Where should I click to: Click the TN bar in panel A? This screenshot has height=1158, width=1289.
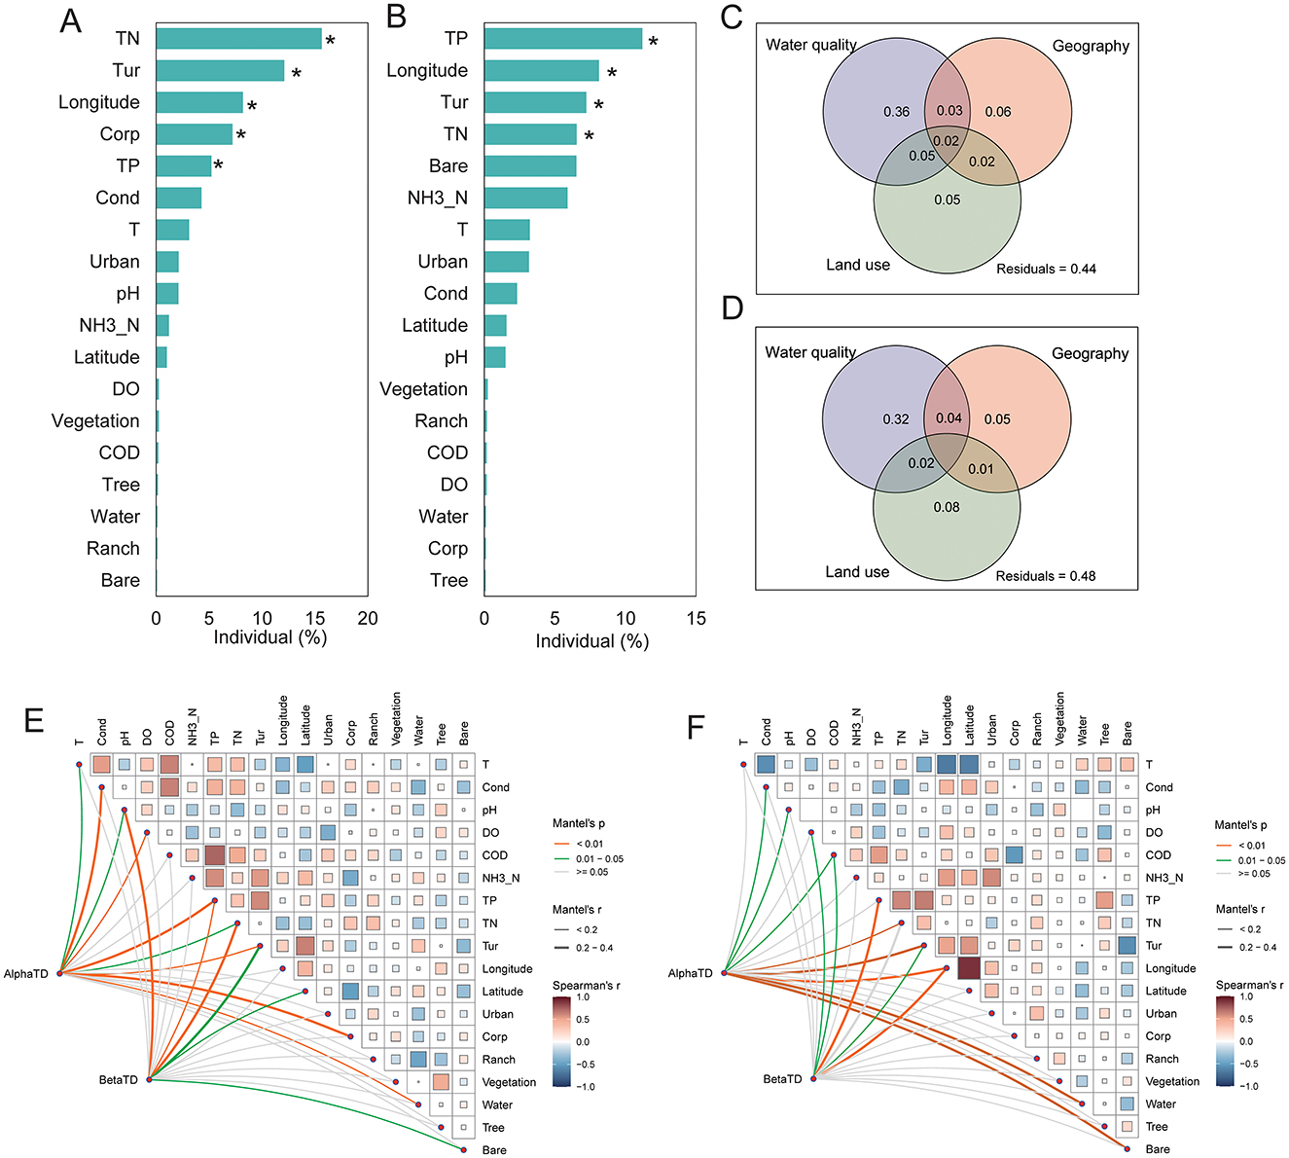point(238,39)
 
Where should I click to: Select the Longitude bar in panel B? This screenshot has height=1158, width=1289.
point(541,71)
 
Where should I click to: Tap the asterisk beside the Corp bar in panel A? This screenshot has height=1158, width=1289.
point(240,134)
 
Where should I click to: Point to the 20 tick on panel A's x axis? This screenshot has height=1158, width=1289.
point(367,618)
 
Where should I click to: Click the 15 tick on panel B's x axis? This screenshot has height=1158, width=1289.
point(696,618)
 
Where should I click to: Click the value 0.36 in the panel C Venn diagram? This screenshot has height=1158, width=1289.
point(896,112)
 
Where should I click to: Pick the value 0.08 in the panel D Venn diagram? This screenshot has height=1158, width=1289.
point(947,507)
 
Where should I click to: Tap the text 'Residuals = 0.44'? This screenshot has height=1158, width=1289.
point(1046,269)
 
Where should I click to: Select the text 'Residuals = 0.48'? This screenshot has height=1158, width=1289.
point(1045,576)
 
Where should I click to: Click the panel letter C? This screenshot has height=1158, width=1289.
point(732,17)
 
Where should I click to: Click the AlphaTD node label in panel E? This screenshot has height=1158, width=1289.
point(26,973)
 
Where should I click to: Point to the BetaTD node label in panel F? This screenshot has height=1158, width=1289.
point(783,1079)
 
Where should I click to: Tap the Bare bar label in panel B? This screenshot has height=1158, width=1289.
point(448,166)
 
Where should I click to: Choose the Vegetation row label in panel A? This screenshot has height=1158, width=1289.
point(95,421)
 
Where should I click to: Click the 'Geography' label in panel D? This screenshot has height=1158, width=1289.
point(1090,354)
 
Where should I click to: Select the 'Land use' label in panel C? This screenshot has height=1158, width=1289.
point(858,265)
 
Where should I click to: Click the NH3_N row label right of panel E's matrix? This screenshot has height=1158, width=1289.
point(501,878)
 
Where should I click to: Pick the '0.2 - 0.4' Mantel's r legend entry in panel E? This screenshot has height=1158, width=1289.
point(595,948)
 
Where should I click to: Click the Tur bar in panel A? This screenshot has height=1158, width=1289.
point(220,71)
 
